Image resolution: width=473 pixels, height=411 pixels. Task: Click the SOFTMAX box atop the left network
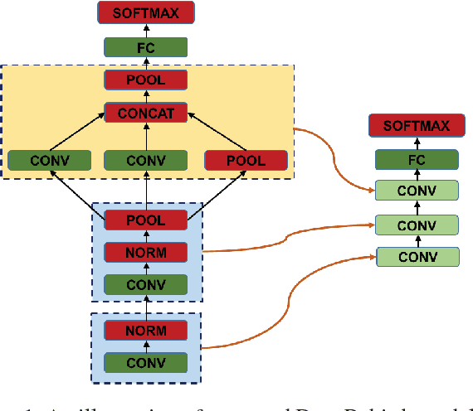[x=145, y=12]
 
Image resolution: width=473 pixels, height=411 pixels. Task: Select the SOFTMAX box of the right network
[x=417, y=127]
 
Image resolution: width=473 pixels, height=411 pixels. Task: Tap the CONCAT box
[x=145, y=113]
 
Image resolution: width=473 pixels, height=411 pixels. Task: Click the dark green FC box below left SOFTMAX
[x=145, y=47]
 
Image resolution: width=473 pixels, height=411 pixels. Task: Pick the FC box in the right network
[x=417, y=159]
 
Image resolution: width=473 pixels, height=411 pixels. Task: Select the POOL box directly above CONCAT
[x=145, y=80]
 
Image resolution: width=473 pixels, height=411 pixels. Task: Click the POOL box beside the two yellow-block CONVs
[x=246, y=160]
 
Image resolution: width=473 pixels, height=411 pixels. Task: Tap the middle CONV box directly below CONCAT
[x=145, y=160]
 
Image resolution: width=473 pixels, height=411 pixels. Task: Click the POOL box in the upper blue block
[x=145, y=220]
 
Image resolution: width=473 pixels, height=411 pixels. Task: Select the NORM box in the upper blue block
[x=145, y=252]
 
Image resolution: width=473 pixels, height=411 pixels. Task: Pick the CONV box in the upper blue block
[x=145, y=284]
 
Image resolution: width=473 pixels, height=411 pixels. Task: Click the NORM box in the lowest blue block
[x=145, y=331]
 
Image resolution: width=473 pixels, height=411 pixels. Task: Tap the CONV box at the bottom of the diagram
[x=145, y=362]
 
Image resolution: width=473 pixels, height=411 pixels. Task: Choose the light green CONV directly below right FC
[x=417, y=191]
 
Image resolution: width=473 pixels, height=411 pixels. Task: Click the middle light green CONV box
[x=417, y=224]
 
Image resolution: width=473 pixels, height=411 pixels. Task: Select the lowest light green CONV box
[x=417, y=256]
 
